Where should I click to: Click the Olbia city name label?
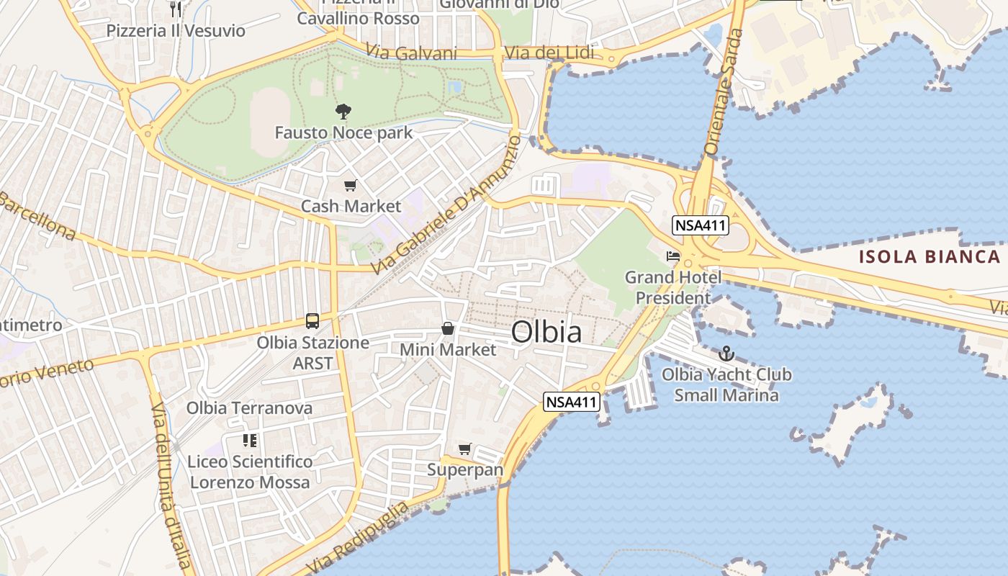pyautogui.click(x=546, y=332)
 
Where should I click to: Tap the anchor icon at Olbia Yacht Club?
pyautogui.click(x=726, y=354)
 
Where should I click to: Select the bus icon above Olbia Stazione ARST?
pyautogui.click(x=312, y=321)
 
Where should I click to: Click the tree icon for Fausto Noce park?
pyautogui.click(x=343, y=112)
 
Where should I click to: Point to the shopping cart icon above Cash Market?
pyautogui.click(x=350, y=186)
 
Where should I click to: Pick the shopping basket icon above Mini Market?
pyautogui.click(x=448, y=329)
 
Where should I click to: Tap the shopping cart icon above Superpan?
pyautogui.click(x=465, y=449)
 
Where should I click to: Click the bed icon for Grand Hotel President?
pyautogui.click(x=673, y=256)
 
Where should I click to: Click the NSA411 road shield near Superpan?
pyautogui.click(x=572, y=402)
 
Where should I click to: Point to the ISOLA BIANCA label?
pyautogui.click(x=930, y=257)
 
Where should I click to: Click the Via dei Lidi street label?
pyautogui.click(x=549, y=53)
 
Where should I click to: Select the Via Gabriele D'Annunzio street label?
pyautogui.click(x=446, y=205)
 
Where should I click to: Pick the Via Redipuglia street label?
pyautogui.click(x=358, y=538)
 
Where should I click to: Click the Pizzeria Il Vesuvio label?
pyautogui.click(x=176, y=31)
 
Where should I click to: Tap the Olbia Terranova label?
pyautogui.click(x=249, y=408)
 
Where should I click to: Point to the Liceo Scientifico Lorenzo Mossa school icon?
pyautogui.click(x=250, y=440)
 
